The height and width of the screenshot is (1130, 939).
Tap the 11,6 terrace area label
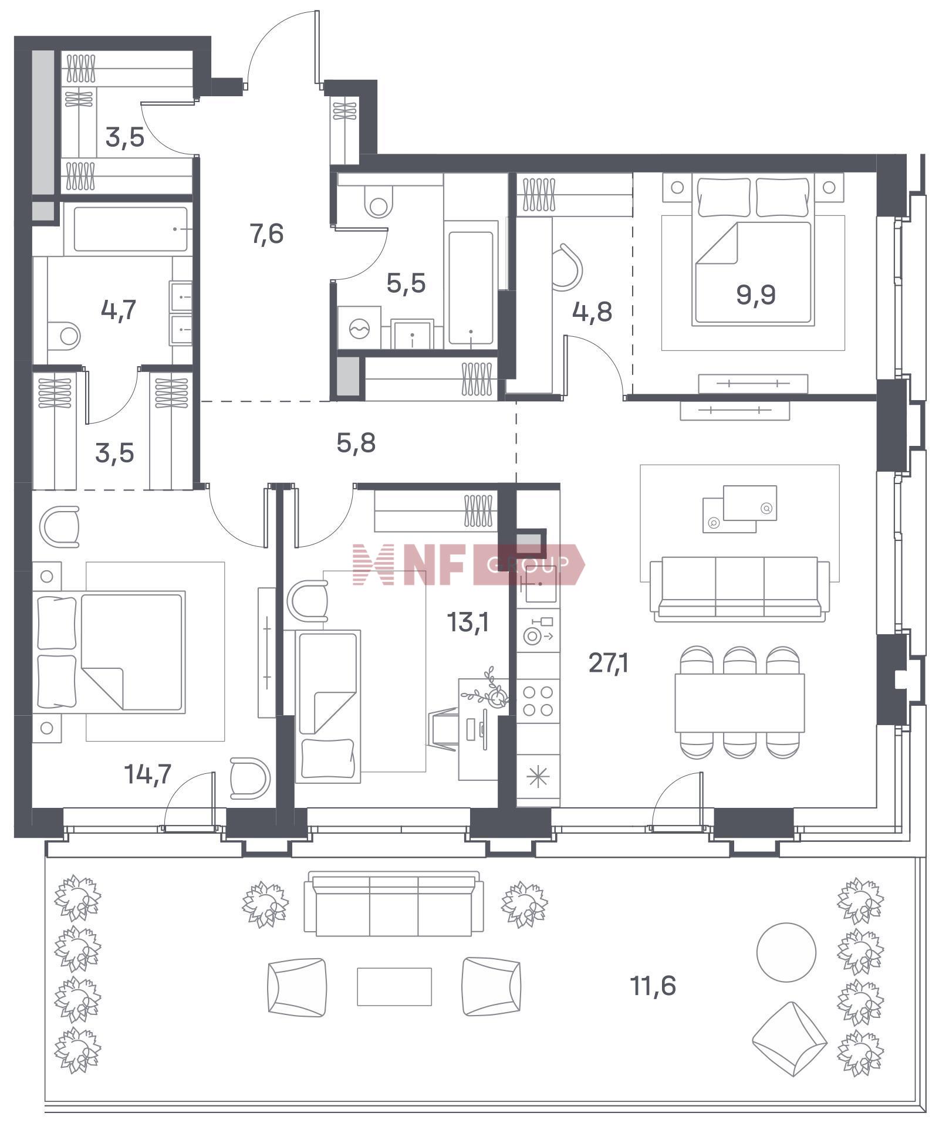coord(653,986)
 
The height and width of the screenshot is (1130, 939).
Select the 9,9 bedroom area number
coord(756,295)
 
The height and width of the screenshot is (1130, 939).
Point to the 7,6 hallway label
coord(266,234)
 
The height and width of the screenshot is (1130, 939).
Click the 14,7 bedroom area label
coord(148,774)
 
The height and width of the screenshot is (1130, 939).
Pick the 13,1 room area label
coord(468,622)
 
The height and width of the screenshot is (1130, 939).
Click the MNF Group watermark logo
coord(468,564)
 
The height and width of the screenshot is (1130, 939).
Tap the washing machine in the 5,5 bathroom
coord(358,329)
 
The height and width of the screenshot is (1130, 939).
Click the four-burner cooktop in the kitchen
coord(538,701)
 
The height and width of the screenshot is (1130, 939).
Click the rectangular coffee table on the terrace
coord(394,986)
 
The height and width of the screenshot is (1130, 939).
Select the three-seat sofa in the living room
coord(740,589)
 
